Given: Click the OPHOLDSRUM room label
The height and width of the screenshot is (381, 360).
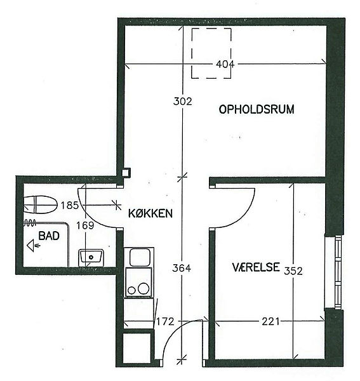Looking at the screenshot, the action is click(257, 109).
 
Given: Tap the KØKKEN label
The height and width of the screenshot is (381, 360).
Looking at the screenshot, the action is click(150, 213).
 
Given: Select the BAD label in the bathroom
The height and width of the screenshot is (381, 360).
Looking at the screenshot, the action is click(49, 236).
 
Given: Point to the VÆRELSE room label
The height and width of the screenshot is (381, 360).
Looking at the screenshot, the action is click(256, 267).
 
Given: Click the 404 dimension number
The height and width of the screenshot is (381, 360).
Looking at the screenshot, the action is click(225, 64).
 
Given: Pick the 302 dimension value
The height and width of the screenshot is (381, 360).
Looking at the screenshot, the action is click(183, 101).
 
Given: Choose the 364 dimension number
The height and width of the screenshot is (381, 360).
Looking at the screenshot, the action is click(182, 268).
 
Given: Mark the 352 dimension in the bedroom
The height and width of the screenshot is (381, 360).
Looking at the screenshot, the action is click(293, 271).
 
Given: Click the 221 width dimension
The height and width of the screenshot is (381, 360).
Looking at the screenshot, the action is click(270, 322).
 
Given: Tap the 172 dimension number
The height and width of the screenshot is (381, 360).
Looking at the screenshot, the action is click(165, 322).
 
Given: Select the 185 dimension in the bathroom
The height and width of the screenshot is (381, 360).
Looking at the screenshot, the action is click(70, 206).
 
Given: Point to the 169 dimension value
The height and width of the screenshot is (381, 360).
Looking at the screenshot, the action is click(85, 225).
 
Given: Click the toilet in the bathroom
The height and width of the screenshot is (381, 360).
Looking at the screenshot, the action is click(41, 204).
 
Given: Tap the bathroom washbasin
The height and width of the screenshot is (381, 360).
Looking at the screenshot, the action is click(91, 258).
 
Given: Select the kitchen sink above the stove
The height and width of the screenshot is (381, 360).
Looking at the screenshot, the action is click(139, 257).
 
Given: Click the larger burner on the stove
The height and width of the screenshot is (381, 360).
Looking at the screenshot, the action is click(143, 288).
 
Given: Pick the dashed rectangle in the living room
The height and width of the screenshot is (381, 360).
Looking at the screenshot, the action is click(211, 53).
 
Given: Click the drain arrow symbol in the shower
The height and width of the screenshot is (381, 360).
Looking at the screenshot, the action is click(34, 245).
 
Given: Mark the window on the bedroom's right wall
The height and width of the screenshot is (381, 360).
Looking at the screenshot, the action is click(338, 272).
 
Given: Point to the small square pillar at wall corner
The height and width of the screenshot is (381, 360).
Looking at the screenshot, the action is click(126, 173).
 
